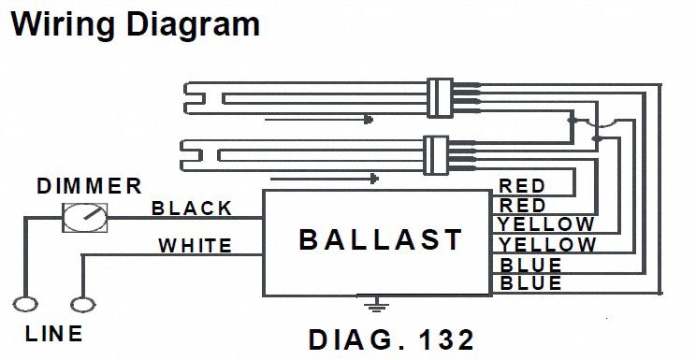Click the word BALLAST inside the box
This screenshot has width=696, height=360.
click(x=381, y=240)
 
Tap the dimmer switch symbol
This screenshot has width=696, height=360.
click(x=84, y=218)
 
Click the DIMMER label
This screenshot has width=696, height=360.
click(x=89, y=186)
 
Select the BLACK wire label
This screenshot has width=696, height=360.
click(x=192, y=209)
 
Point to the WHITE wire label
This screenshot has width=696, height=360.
click(x=196, y=246)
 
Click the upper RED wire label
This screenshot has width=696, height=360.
click(x=522, y=186)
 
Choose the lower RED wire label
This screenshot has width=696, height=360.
click(x=522, y=206)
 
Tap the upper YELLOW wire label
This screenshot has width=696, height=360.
click(x=546, y=224)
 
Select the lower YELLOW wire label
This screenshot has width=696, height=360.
click(x=547, y=245)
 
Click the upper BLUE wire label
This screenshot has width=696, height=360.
click(x=530, y=265)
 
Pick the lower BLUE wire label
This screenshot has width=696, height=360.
click(x=530, y=282)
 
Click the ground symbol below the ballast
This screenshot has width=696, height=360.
click(x=376, y=305)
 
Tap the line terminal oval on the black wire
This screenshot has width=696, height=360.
click(x=25, y=305)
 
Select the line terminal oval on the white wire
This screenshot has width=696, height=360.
click(x=83, y=305)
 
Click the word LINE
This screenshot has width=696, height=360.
click(x=53, y=334)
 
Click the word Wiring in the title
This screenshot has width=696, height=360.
click(x=62, y=25)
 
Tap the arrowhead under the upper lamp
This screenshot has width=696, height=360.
click(x=368, y=119)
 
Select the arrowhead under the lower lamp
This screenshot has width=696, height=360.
click(x=374, y=179)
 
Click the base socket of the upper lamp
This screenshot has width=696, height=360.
click(x=440, y=97)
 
